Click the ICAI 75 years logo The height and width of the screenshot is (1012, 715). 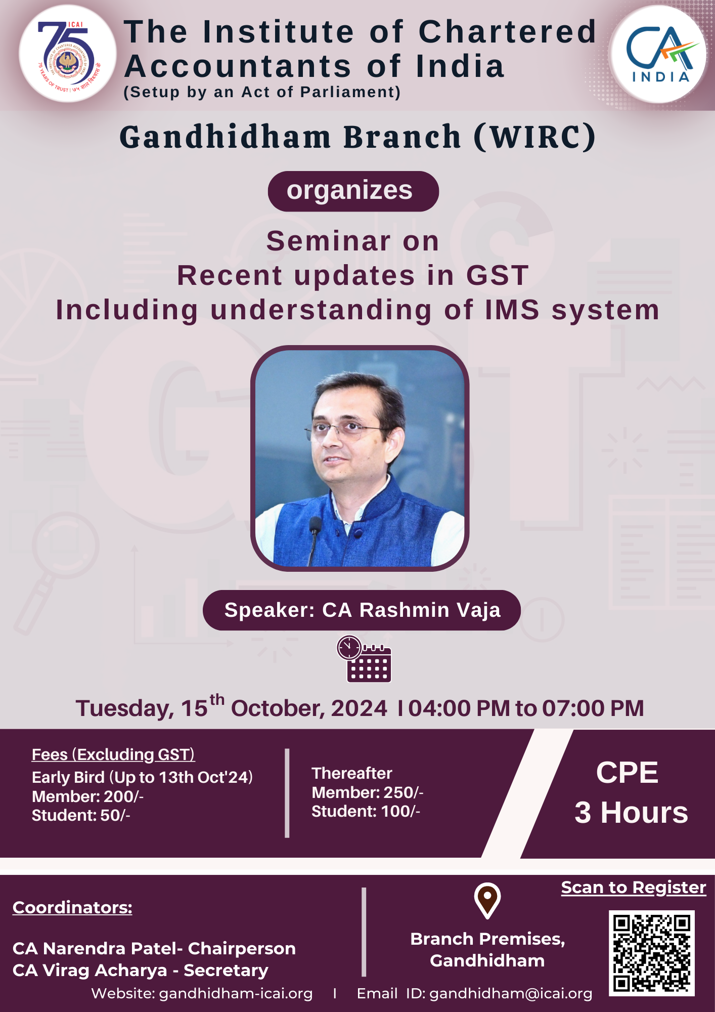(x=68, y=54)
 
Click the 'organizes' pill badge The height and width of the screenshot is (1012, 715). (x=353, y=191)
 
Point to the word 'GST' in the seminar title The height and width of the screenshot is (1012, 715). (x=498, y=275)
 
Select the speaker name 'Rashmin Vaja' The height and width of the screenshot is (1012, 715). (x=430, y=610)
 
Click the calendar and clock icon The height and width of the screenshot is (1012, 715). (x=364, y=659)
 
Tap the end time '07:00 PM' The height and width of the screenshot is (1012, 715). (x=593, y=708)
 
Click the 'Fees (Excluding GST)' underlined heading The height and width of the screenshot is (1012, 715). (x=113, y=754)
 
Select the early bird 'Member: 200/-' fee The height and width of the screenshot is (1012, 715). (x=88, y=796)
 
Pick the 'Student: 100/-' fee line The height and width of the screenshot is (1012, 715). (x=366, y=811)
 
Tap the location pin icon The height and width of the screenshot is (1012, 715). (x=487, y=901)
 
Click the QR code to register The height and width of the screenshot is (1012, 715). (x=651, y=953)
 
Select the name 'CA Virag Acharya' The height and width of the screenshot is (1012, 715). (x=90, y=970)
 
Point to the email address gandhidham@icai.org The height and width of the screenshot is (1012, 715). (x=511, y=994)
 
